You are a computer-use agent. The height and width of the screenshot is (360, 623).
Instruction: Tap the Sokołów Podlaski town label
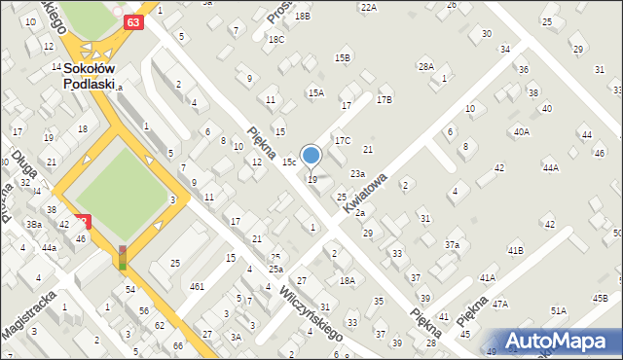90,76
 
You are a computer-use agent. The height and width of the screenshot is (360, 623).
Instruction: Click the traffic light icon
123,257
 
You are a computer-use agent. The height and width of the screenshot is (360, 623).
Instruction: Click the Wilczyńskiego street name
309,312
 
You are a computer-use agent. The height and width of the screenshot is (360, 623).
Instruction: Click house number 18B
303,17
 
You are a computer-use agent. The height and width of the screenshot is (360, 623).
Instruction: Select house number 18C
276,39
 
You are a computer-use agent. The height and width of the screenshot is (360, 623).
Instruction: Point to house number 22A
368,7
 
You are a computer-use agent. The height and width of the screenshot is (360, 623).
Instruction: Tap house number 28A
425,66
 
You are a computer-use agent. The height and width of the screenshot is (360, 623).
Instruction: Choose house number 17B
385,99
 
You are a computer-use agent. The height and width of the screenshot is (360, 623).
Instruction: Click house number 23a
358,173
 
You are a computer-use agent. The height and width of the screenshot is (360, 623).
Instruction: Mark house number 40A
522,131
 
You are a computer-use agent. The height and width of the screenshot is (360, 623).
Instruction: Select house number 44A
551,167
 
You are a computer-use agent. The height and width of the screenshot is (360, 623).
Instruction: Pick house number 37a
453,245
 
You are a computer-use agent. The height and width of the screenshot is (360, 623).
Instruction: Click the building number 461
197,286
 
